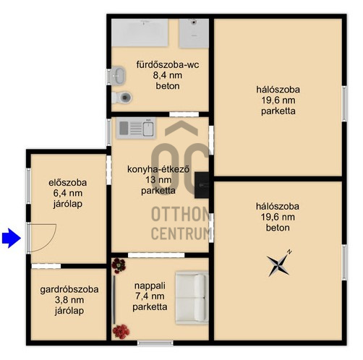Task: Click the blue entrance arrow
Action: (12, 238)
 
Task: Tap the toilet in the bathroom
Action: (122, 98)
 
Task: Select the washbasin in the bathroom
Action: (119, 75)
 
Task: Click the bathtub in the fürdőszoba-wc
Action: (140, 33)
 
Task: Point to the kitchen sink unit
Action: (136, 128)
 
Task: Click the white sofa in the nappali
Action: (192, 298)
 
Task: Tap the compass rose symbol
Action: (279, 265)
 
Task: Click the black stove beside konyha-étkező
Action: (202, 185)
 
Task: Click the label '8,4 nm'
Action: (168, 75)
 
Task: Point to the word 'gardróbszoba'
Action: (69, 289)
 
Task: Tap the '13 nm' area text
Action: (158, 180)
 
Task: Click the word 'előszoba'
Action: (68, 182)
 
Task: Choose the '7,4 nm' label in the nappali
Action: (150, 296)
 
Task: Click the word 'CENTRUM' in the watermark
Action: (181, 233)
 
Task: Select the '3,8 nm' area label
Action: (69, 300)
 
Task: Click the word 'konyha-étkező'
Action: (158, 169)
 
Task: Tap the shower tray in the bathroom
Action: (194, 33)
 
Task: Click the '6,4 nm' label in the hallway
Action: (68, 193)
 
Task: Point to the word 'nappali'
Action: (150, 286)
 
